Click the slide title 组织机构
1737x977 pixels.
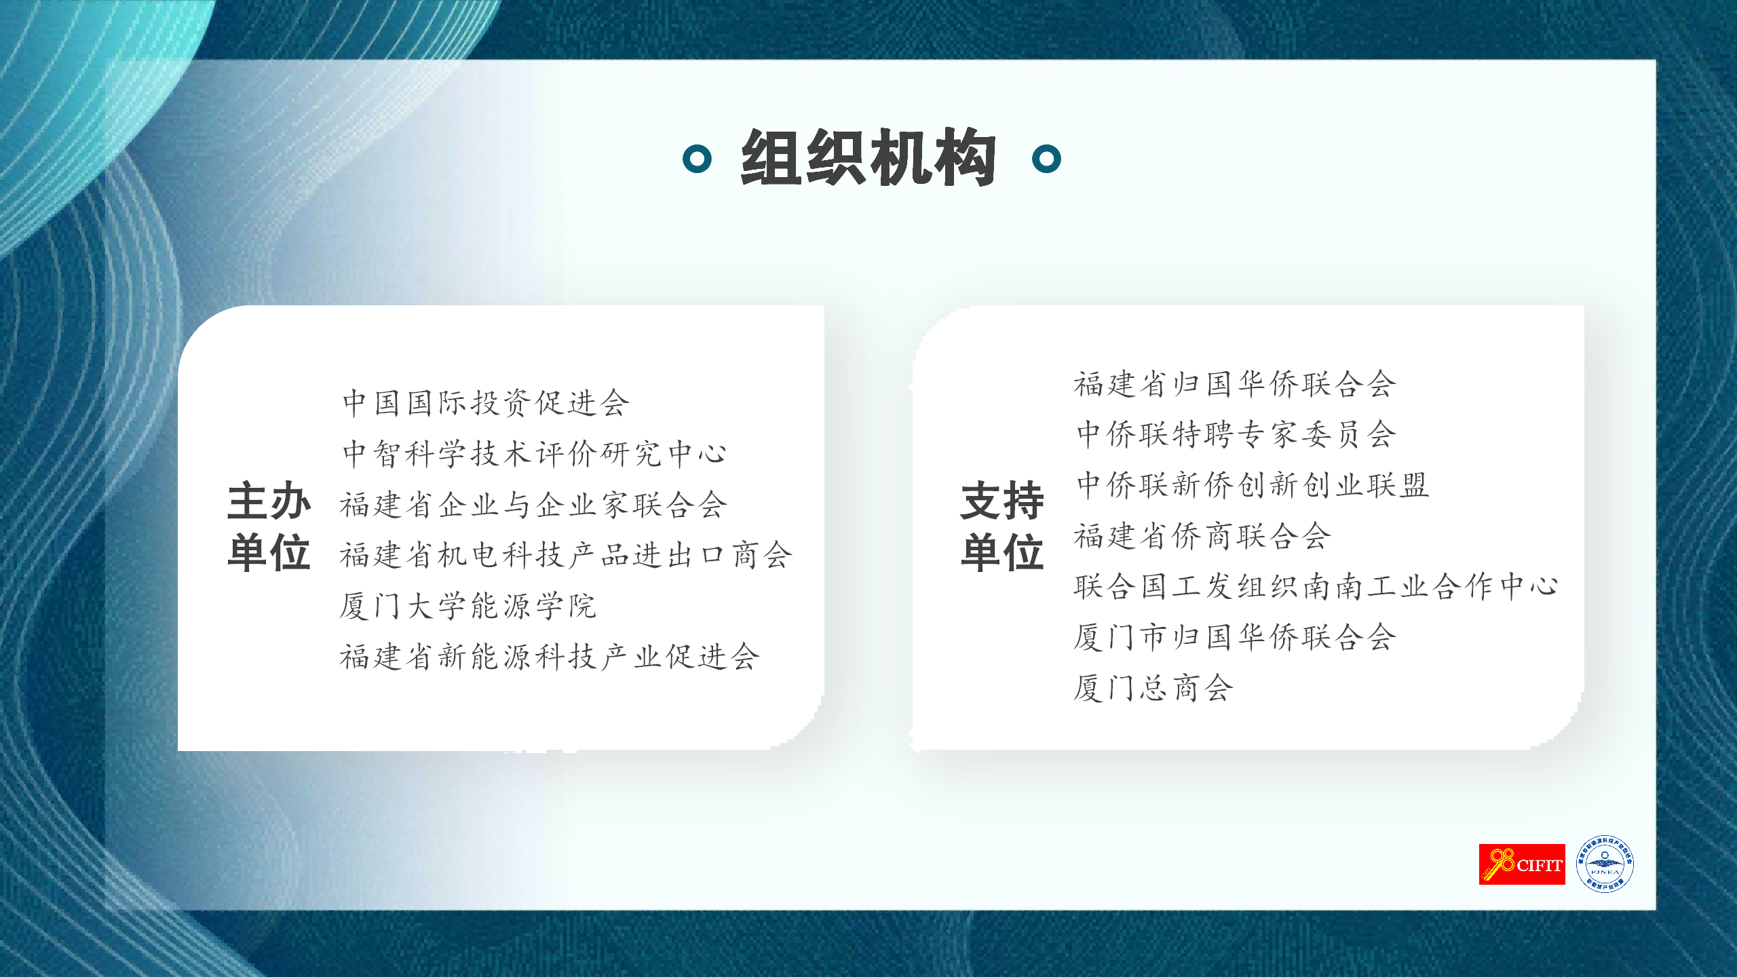(x=868, y=157)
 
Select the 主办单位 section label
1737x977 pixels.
(x=269, y=526)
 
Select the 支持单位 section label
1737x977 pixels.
(x=1002, y=526)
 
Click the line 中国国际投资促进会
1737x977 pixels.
(x=486, y=403)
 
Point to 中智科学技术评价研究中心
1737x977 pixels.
(x=535, y=453)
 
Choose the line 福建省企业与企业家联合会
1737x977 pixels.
(x=533, y=505)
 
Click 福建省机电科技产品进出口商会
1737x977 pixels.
(x=566, y=555)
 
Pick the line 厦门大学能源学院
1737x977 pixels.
(x=468, y=606)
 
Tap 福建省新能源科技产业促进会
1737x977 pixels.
(x=550, y=657)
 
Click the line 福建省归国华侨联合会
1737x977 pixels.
(x=1235, y=384)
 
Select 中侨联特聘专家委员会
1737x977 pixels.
(x=1236, y=434)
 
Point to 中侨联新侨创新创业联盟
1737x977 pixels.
(x=1253, y=485)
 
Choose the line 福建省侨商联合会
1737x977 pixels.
(x=1202, y=536)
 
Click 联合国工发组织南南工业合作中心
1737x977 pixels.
(x=1316, y=586)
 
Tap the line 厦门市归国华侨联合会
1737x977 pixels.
(x=1235, y=637)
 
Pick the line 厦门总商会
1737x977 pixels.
(x=1153, y=688)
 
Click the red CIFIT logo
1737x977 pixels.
(x=1522, y=864)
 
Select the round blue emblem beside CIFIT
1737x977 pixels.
(x=1605, y=864)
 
